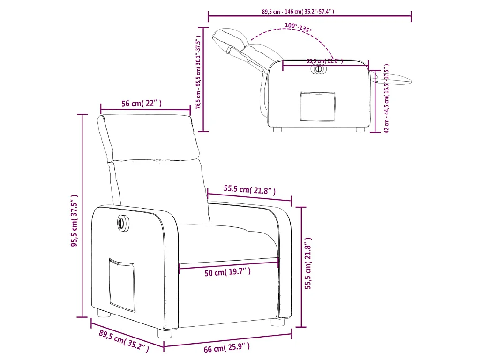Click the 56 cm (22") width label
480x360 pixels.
tap(142, 104)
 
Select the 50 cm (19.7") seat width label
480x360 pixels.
tap(227, 272)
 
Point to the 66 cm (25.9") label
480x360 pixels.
tap(227, 348)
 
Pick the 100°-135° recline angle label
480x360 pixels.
tap(297, 27)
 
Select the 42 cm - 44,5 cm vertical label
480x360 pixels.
tap(386, 98)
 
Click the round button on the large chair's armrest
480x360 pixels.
tap(122, 223)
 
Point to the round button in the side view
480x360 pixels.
tap(319, 69)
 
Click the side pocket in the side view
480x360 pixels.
tap(318, 106)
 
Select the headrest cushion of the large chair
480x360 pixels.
tap(149, 137)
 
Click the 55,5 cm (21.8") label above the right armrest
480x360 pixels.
tap(249, 189)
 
